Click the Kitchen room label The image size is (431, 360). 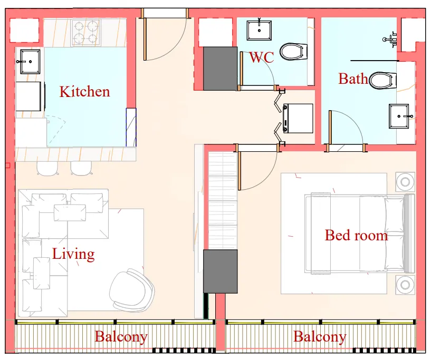[x=84, y=92]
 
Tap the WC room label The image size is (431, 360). [x=261, y=57]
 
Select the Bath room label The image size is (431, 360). [x=353, y=79]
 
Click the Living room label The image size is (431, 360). [x=73, y=254]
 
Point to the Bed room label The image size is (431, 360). [x=356, y=235]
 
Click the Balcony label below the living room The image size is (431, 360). [x=121, y=337]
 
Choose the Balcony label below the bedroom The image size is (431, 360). [x=320, y=337]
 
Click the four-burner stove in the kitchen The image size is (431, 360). [x=86, y=32]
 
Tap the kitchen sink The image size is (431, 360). [x=28, y=61]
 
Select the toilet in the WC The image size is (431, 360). [x=293, y=52]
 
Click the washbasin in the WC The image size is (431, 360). [x=259, y=30]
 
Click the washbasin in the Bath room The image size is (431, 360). [x=402, y=116]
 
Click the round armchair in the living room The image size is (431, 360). [x=132, y=290]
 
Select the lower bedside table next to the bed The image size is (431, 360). [x=405, y=285]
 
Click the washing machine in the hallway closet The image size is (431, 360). [x=298, y=118]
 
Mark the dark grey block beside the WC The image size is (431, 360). [x=220, y=68]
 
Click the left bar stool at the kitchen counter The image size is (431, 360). [x=47, y=168]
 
